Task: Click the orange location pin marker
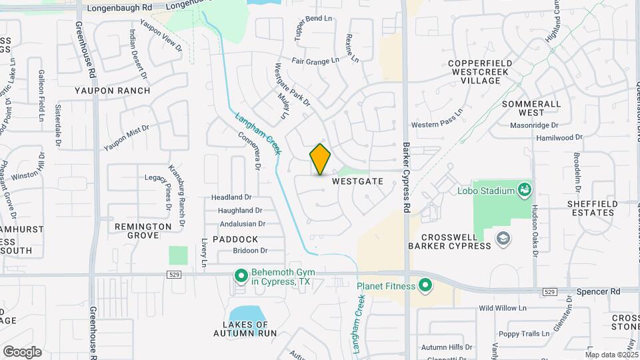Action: tap(320, 159)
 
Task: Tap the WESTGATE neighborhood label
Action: tap(357, 181)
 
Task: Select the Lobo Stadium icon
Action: tap(525, 191)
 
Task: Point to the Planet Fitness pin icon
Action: tap(424, 287)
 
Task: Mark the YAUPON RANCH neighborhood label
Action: tap(112, 91)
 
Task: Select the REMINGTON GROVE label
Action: tap(143, 231)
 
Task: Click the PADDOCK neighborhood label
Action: tap(235, 239)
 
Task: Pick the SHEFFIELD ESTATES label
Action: tap(591, 208)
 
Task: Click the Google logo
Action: tap(22, 351)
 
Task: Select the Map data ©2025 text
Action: tap(611, 355)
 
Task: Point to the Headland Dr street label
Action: tap(231, 197)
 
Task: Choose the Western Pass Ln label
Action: tap(437, 124)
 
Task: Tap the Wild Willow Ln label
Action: tap(503, 309)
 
